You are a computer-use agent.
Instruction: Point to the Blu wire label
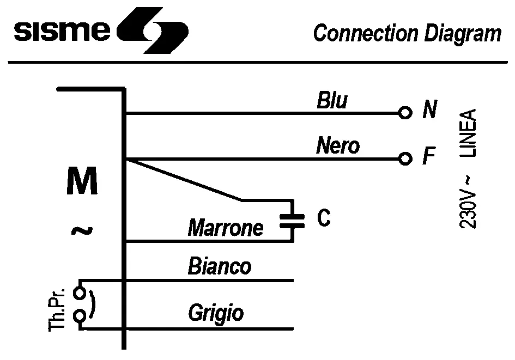(332, 101)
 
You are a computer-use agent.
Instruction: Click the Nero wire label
(338, 146)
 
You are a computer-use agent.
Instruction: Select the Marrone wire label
(226, 228)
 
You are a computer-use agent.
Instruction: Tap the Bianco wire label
(220, 267)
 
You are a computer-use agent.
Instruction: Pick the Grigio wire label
(216, 313)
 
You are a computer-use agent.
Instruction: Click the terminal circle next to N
(404, 113)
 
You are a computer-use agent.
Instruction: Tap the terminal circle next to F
(404, 159)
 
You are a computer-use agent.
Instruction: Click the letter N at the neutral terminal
(429, 112)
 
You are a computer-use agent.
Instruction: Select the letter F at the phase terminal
(429, 158)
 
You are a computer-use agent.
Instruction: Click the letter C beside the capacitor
(323, 218)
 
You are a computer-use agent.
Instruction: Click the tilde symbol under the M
(82, 231)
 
